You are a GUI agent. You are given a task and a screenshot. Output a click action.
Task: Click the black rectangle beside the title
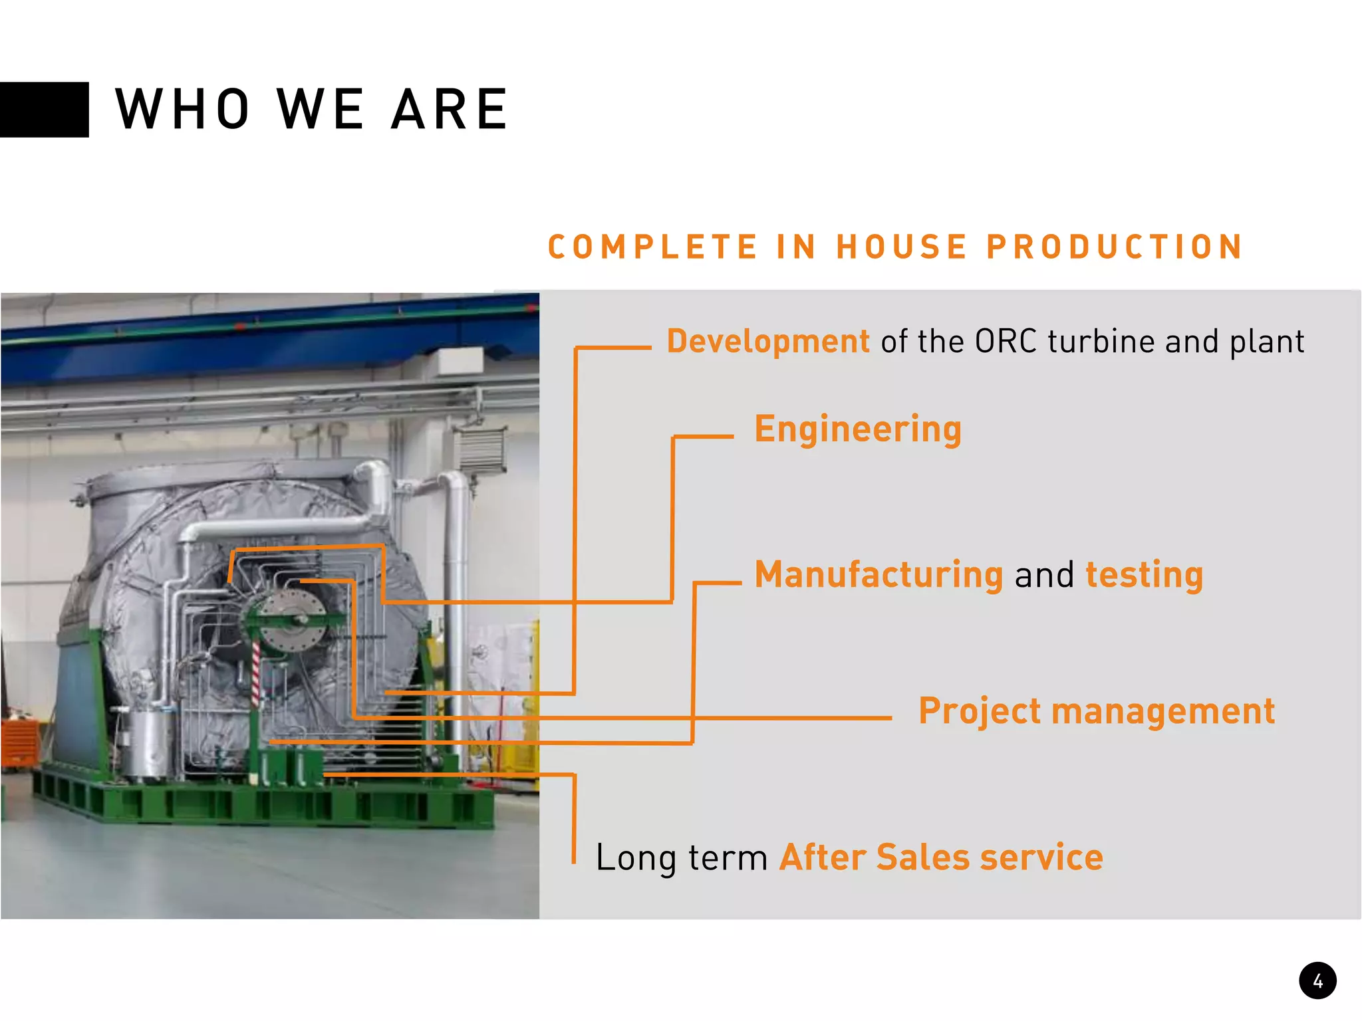(44, 110)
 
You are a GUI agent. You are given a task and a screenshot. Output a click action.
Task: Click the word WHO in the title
(183, 110)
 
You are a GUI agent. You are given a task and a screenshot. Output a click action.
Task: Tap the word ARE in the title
(450, 110)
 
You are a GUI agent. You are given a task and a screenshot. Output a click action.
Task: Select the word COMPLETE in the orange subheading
(652, 247)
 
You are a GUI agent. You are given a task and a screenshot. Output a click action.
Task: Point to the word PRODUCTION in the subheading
(1115, 247)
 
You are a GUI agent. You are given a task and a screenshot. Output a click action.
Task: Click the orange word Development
(767, 342)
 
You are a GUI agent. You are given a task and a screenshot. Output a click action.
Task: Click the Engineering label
(858, 429)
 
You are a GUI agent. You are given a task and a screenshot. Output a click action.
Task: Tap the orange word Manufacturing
(878, 575)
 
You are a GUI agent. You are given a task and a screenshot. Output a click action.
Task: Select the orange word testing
(1144, 575)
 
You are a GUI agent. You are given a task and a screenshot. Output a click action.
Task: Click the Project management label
(1096, 711)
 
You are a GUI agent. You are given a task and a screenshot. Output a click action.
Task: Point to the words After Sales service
(941, 857)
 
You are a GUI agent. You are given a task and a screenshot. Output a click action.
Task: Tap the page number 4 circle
(1317, 980)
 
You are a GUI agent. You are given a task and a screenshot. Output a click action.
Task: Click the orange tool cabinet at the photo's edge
(17, 741)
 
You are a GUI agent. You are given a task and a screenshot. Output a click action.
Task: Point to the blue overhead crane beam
(266, 339)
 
